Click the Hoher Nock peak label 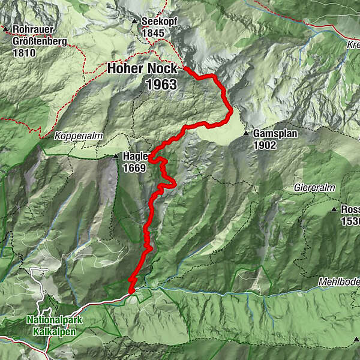(142, 69)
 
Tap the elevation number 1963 (161, 85)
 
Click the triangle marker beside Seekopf (135, 22)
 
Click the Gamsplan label (274, 133)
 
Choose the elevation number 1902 (265, 145)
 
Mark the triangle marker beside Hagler (116, 157)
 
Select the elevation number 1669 (134, 168)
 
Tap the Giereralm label (314, 188)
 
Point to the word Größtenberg (40, 41)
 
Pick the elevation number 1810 (24, 53)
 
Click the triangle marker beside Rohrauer (5, 29)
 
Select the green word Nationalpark (55, 319)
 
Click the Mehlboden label (338, 282)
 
